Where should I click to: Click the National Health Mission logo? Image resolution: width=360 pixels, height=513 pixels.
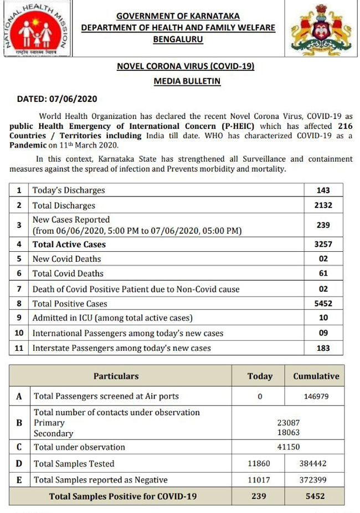[37, 28]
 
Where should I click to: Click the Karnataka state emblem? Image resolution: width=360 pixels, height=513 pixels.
[322, 29]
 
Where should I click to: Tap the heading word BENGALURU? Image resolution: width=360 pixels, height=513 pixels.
[178, 39]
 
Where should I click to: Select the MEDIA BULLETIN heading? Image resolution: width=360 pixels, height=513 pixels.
[187, 81]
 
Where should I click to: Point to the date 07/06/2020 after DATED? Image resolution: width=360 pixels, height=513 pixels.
[74, 100]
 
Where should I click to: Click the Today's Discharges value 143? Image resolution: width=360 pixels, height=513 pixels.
[323, 190]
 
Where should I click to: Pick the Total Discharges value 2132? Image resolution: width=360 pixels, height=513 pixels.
[323, 205]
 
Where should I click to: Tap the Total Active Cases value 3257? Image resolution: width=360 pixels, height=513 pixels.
[323, 244]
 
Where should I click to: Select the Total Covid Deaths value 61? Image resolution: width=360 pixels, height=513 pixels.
[323, 273]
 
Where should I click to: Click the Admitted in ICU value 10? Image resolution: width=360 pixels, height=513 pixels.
[323, 318]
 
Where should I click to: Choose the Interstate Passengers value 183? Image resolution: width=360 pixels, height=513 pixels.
[323, 348]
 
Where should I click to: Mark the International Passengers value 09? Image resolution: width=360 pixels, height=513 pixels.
[323, 333]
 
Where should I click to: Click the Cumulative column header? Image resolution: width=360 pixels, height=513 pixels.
[316, 376]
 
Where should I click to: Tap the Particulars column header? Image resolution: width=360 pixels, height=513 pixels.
[116, 376]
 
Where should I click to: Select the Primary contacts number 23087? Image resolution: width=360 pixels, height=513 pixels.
[289, 423]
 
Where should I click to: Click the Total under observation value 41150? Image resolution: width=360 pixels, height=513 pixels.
[289, 447]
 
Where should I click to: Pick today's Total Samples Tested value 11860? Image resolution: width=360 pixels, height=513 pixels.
[259, 464]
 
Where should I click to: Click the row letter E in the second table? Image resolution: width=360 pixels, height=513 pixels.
[19, 480]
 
